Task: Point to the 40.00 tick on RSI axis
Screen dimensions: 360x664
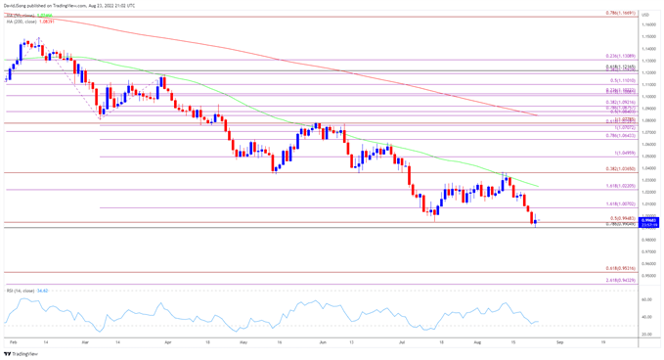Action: pos(648,317)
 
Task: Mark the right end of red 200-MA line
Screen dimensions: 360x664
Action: pos(540,115)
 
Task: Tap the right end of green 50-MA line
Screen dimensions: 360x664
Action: pos(540,186)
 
